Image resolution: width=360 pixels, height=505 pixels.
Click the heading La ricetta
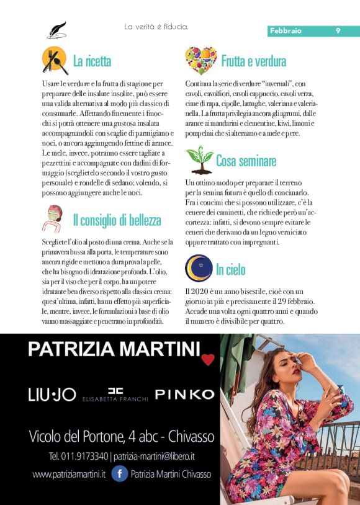coord(92,61)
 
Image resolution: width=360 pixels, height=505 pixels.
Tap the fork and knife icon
coord(55,60)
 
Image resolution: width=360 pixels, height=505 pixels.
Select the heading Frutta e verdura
coord(253,61)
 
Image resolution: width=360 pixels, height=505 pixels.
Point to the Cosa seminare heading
coord(246,161)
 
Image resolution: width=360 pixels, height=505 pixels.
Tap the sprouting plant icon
coord(199,159)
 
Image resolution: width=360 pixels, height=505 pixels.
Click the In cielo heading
coord(231,270)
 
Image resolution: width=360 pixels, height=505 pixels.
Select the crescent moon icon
coord(199,268)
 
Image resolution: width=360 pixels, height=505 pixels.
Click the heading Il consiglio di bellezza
coord(117,220)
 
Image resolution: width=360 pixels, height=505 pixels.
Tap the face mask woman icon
coord(54,218)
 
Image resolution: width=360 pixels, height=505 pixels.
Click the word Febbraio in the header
coord(286,30)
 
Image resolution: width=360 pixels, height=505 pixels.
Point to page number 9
coord(338,30)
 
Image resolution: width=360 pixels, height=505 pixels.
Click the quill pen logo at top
coord(56,30)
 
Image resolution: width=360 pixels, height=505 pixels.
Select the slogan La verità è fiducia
coord(156,27)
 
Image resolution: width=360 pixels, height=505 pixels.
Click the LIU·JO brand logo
coord(52,395)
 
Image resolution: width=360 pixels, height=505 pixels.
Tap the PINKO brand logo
coord(184,394)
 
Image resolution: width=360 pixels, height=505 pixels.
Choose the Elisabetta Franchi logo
coord(115,395)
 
